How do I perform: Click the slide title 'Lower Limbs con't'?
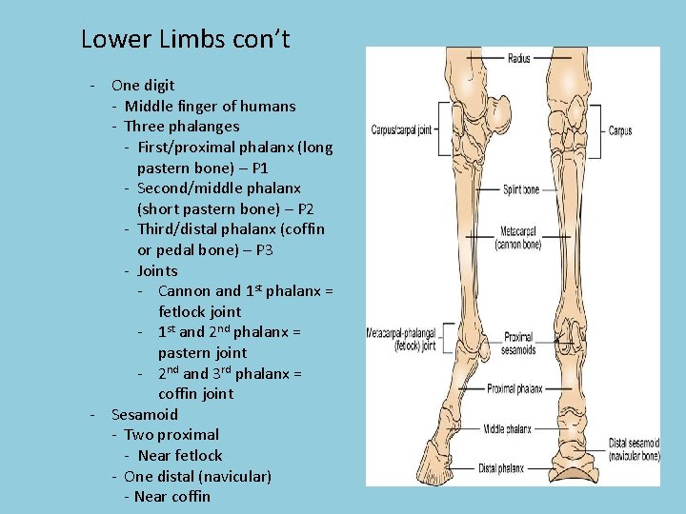point(185,40)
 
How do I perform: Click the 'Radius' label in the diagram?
point(519,59)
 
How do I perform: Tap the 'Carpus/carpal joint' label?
point(401,130)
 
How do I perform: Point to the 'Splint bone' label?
point(520,189)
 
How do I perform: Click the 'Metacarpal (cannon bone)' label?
point(518,238)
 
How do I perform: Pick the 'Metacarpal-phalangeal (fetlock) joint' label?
point(401,340)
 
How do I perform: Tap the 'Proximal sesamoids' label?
point(519,344)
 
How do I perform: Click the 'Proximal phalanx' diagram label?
point(514,389)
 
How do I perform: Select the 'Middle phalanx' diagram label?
point(507,428)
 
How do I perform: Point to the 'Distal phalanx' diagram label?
point(501,467)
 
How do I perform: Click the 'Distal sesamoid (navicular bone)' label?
point(634,449)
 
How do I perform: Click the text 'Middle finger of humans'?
point(210,106)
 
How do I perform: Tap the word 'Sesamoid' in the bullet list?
point(144,414)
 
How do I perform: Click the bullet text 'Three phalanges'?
point(181,126)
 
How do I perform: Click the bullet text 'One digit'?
point(143,85)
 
